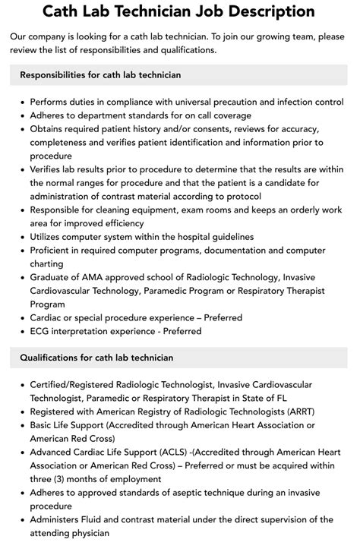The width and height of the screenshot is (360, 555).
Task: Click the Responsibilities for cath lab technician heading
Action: coord(100,75)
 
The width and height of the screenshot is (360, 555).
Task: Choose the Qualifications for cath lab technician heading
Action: coord(96,358)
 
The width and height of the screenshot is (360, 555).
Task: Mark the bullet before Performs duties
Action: coord(22,102)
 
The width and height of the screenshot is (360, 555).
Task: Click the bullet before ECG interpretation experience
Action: coord(22,331)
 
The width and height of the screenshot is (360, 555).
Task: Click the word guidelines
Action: coord(226,237)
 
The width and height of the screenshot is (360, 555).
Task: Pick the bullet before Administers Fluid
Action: coord(22,520)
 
